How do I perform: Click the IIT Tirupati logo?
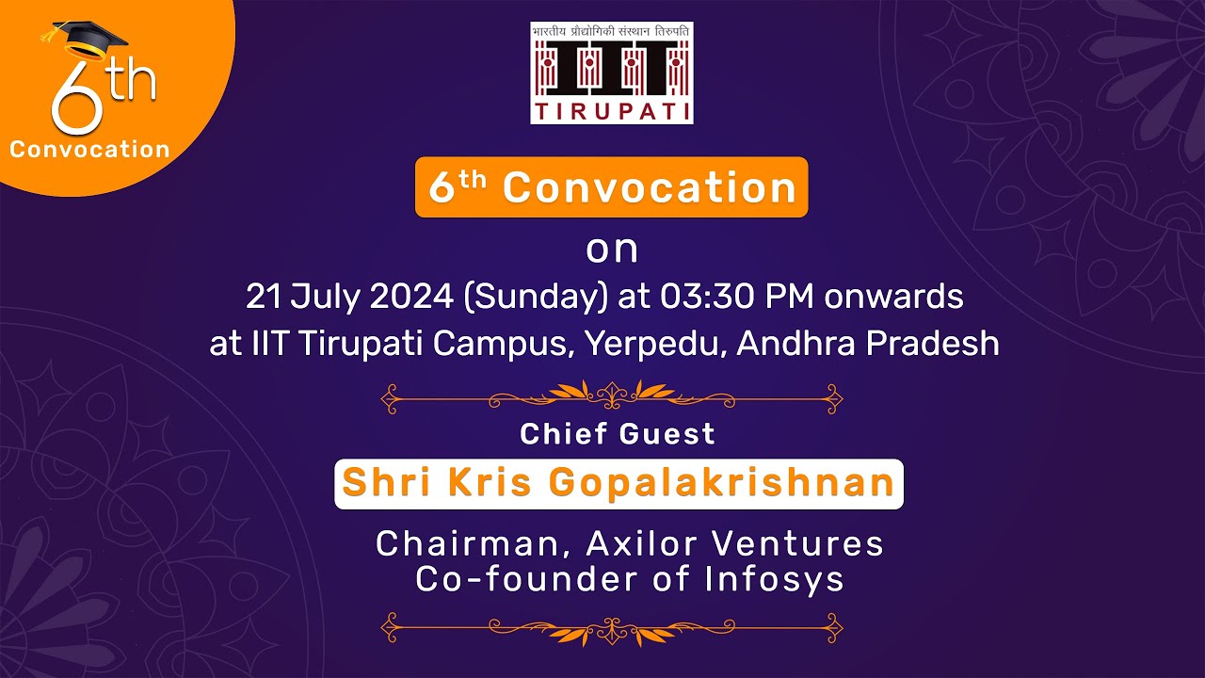tap(611, 73)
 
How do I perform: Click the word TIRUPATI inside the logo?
tap(611, 112)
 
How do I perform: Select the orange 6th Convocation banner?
tap(612, 187)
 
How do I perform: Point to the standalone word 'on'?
tap(612, 250)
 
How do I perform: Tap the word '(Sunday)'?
tap(534, 297)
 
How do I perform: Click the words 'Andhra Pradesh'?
tap(867, 344)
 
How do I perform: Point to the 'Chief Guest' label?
tap(618, 434)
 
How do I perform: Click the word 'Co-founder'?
tap(527, 579)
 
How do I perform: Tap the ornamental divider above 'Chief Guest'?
tap(612, 397)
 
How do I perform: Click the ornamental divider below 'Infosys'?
tap(612, 626)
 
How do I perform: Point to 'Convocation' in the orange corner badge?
tap(90, 150)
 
